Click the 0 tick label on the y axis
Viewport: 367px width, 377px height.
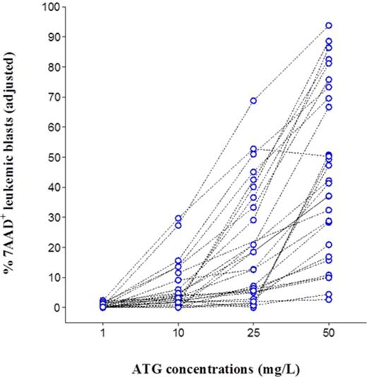click(x=56, y=307)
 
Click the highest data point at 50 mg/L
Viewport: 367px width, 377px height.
click(x=329, y=25)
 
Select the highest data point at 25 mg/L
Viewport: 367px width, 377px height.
click(x=253, y=101)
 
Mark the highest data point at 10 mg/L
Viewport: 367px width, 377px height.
click(x=179, y=218)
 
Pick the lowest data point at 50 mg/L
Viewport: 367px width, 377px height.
click(x=329, y=299)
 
